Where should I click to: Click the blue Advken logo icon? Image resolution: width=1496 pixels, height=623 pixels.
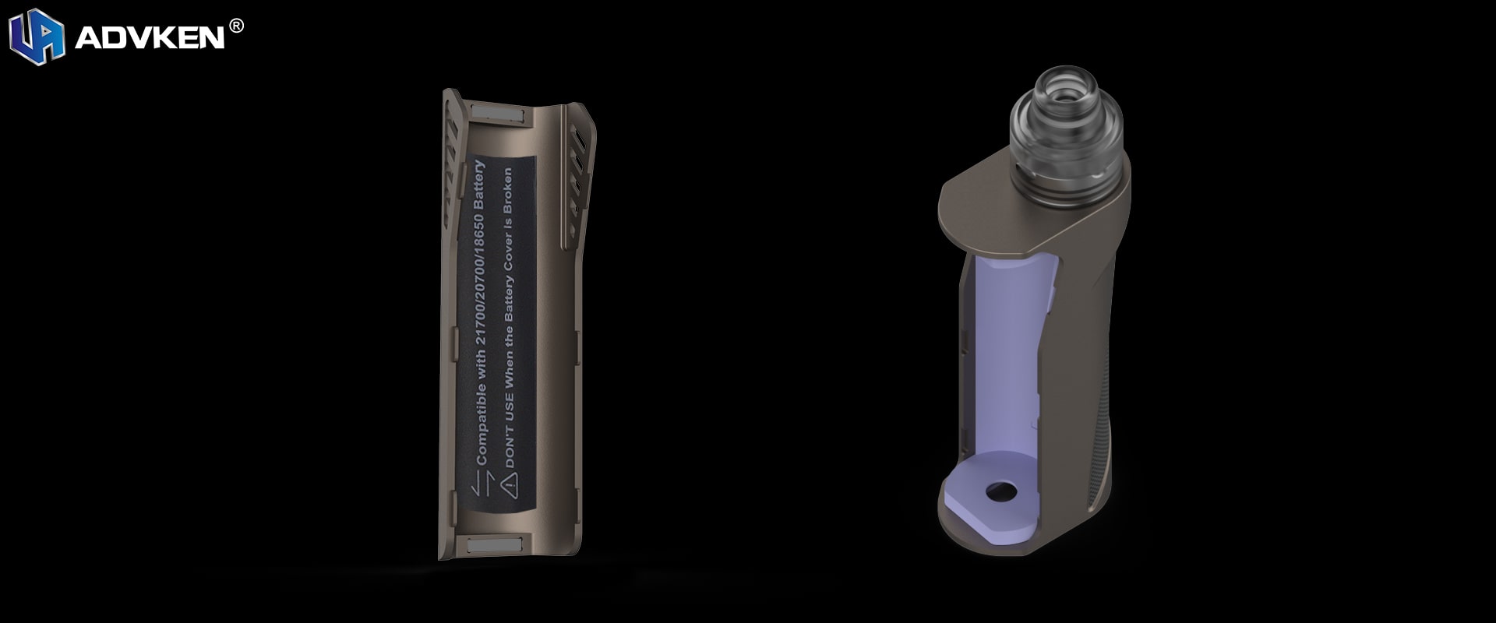click(36, 37)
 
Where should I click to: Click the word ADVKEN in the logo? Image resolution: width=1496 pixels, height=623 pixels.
click(150, 38)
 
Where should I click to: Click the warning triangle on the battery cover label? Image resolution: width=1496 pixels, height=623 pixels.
click(510, 487)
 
